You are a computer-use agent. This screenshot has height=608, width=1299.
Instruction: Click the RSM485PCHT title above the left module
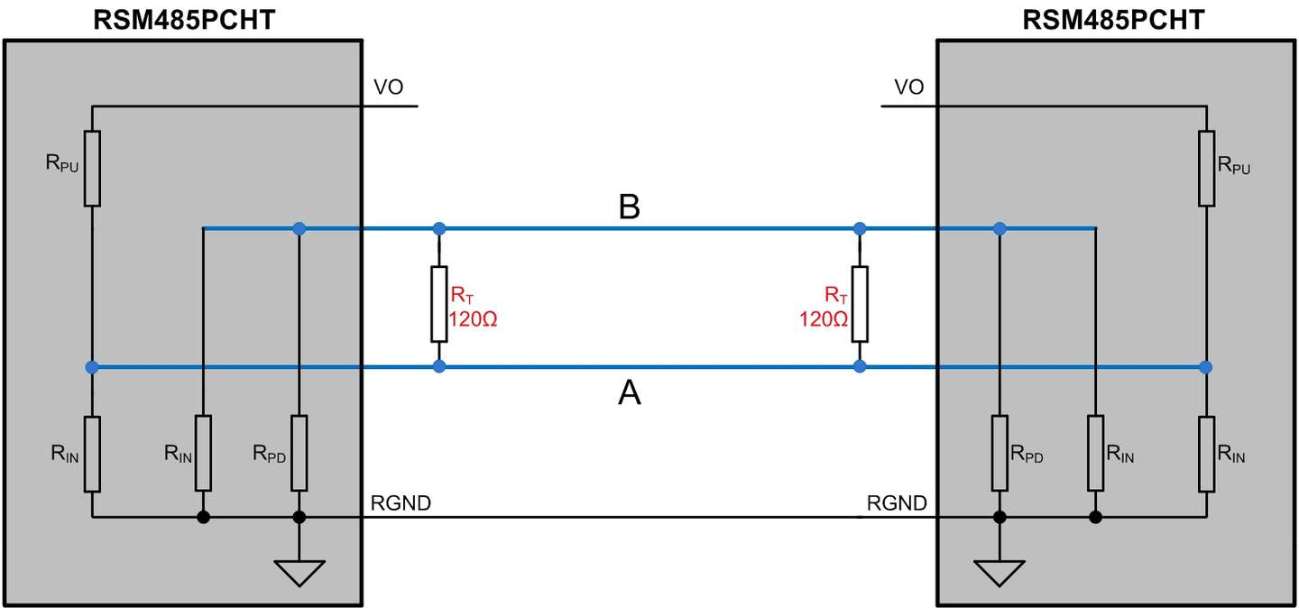[x=184, y=21]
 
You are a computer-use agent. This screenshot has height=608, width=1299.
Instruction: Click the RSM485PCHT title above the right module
[x=1113, y=21]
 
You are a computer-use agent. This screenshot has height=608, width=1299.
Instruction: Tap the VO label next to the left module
[x=388, y=87]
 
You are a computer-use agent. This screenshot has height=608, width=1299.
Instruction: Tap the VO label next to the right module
[x=908, y=87]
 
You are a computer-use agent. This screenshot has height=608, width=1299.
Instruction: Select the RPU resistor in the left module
[x=92, y=169]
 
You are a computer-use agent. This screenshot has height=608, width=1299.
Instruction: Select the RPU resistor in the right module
[x=1207, y=169]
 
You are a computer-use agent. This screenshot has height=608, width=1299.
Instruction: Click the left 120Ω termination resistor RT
[x=439, y=304]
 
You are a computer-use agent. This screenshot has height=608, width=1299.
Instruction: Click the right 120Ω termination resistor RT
[x=860, y=304]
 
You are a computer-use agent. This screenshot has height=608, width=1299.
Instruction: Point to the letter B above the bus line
[x=630, y=207]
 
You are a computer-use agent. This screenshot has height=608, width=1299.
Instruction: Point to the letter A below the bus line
[x=630, y=393]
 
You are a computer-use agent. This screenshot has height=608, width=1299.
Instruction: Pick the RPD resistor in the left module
[x=299, y=453]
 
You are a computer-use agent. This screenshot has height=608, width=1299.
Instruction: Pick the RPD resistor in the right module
[x=1000, y=453]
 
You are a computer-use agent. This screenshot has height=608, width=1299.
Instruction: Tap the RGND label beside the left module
[x=401, y=503]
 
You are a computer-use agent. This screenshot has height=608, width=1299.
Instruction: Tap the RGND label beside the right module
[x=897, y=503]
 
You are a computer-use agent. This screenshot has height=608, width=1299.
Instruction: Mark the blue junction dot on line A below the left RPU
[x=92, y=366]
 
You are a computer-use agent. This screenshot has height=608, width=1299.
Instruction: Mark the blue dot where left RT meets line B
[x=439, y=228]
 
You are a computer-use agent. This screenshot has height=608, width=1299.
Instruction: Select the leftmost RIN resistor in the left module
[x=92, y=454]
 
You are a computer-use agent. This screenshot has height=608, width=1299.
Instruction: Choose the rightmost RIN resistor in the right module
[x=1207, y=454]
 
